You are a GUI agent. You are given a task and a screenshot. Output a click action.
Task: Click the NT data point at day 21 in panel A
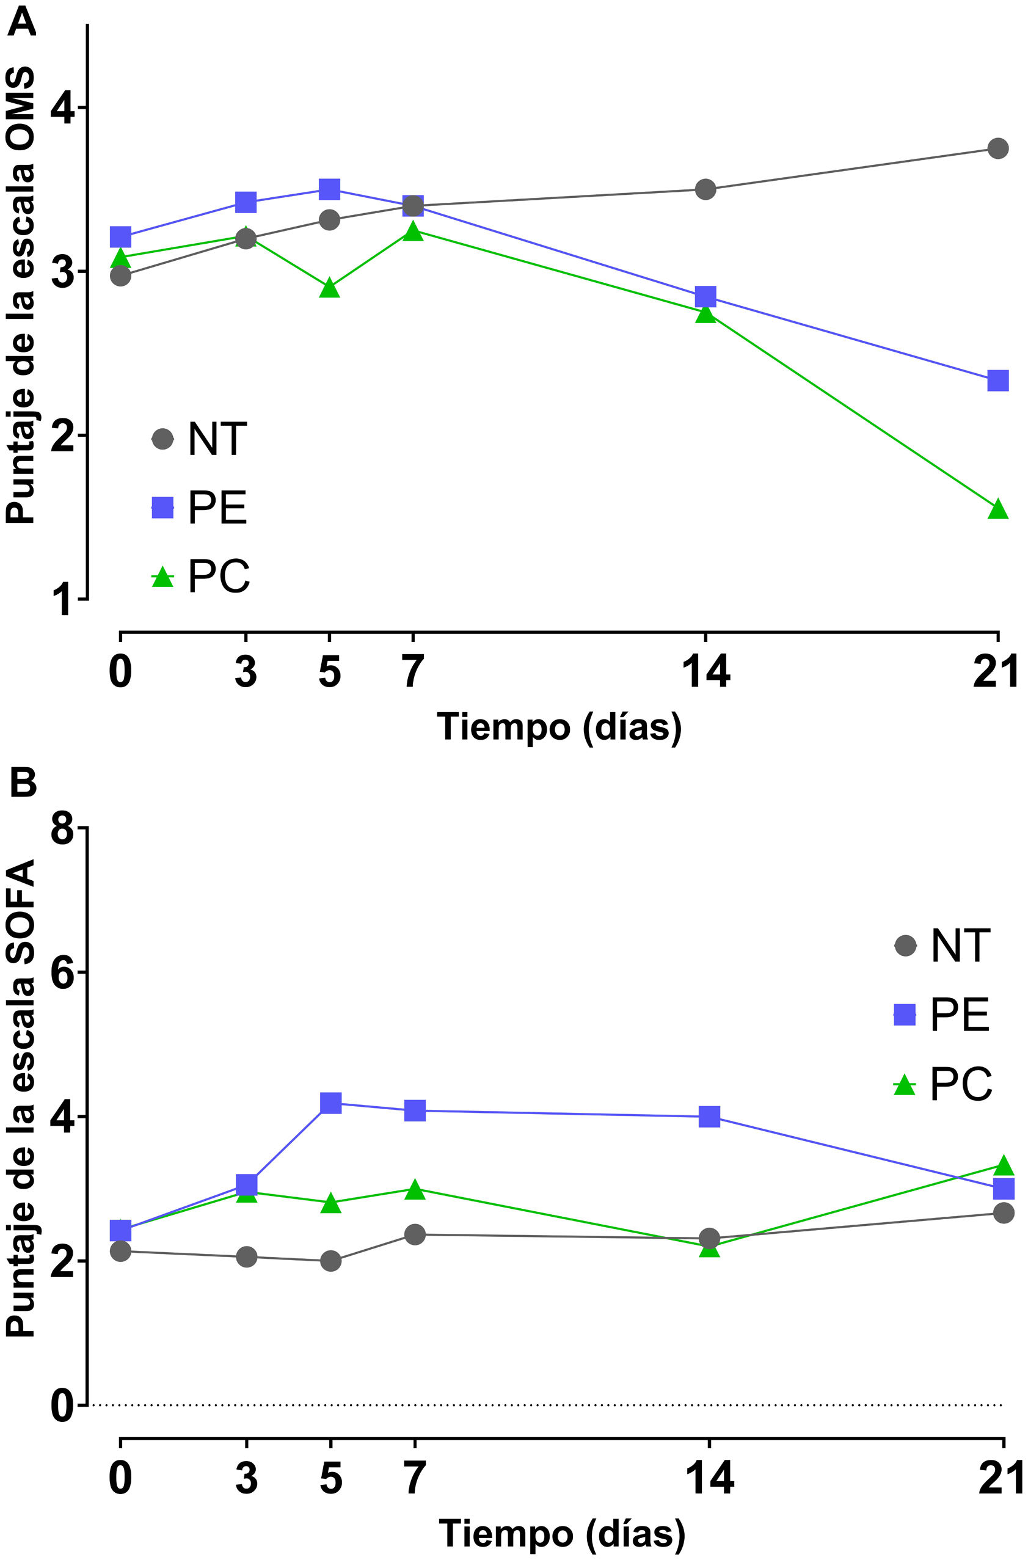click(x=997, y=148)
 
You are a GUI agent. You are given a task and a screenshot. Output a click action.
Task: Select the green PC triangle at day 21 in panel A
click(x=997, y=509)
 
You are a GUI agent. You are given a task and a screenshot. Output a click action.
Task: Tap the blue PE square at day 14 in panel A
click(x=705, y=296)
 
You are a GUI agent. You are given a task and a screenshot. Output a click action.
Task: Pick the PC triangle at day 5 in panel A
click(x=330, y=288)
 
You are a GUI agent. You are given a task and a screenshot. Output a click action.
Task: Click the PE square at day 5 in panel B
click(x=331, y=1103)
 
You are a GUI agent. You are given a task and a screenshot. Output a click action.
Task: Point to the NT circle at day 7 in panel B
click(x=414, y=1234)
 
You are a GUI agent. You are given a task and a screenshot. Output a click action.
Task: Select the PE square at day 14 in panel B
click(x=709, y=1117)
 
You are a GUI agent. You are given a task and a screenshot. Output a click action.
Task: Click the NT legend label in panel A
click(x=217, y=439)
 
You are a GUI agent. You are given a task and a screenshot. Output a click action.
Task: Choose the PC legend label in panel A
click(x=219, y=576)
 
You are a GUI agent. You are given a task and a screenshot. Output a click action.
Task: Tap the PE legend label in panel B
click(x=959, y=1015)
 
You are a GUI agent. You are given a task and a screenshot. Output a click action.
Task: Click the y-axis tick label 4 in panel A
click(x=62, y=108)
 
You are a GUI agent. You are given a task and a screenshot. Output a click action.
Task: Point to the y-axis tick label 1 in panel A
click(x=64, y=599)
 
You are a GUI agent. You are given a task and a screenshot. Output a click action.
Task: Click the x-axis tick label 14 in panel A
click(x=705, y=672)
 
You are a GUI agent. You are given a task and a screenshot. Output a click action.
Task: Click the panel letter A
click(x=22, y=24)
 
